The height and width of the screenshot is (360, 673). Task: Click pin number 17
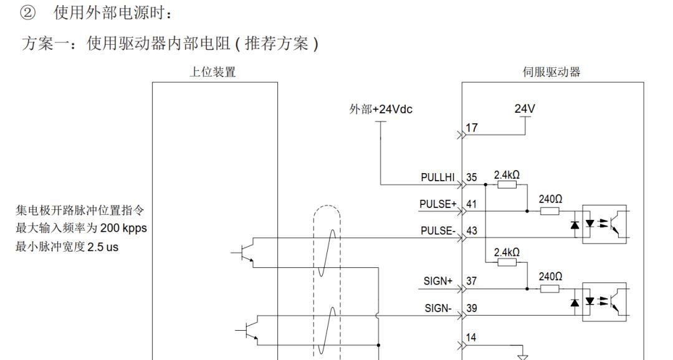tap(472, 128)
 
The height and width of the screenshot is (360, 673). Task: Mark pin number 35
tap(472, 178)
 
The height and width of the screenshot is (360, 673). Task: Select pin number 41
tap(472, 203)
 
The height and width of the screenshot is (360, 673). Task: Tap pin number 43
tap(472, 230)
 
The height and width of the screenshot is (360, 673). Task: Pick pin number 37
tap(472, 282)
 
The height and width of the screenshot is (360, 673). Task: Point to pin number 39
tap(472, 309)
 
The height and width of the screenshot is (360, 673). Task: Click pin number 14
tap(472, 337)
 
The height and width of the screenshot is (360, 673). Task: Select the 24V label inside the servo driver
tap(525, 108)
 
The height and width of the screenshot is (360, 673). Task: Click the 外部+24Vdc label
tap(381, 110)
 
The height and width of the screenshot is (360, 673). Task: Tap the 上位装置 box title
tap(212, 72)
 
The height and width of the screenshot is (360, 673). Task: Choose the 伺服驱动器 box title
tap(551, 72)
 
